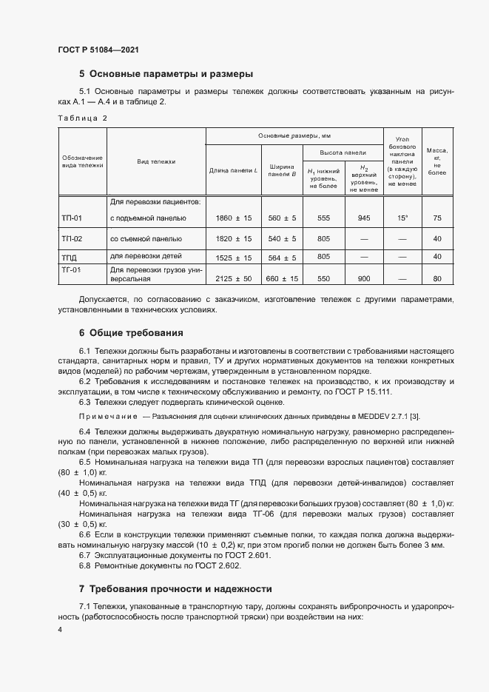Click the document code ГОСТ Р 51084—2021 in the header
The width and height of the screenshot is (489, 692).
[98, 50]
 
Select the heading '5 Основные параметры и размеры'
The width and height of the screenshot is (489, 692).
[166, 74]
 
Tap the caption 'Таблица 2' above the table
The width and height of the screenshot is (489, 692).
[82, 118]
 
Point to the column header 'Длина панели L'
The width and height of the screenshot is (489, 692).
[233, 171]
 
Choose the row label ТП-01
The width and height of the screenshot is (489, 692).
[72, 218]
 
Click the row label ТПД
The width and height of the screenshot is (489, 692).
[69, 257]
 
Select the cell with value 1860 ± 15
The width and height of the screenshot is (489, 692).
[233, 218]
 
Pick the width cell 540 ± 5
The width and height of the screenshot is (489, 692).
[282, 239]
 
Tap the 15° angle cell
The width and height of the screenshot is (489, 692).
[402, 218]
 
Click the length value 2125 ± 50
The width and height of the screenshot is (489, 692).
[233, 279]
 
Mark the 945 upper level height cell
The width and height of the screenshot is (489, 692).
[363, 218]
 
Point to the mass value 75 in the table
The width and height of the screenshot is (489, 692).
[437, 218]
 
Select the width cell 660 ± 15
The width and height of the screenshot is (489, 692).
[282, 279]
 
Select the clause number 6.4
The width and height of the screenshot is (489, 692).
[84, 431]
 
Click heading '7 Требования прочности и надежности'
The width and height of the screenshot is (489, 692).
[176, 589]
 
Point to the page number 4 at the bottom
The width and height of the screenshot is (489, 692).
[61, 629]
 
